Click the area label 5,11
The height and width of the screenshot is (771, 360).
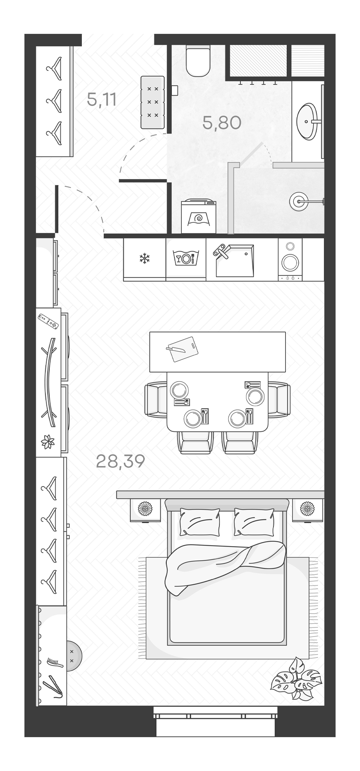point(102,100)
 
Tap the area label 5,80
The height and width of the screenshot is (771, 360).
point(222,123)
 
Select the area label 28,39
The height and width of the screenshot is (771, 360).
point(120,461)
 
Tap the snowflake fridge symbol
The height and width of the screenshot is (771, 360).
point(144,258)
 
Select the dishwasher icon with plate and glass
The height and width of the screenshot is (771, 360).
point(186,258)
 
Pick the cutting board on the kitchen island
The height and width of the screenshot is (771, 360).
point(182,349)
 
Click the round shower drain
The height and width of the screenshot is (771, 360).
point(297,200)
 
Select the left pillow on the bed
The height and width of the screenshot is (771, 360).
point(200,521)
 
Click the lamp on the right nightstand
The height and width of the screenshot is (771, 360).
point(307,509)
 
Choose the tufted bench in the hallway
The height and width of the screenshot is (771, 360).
point(153,102)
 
